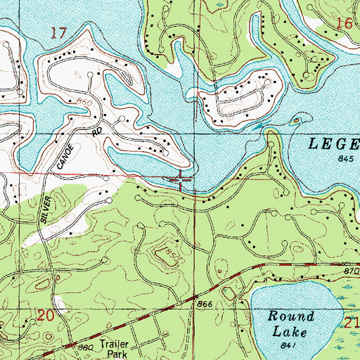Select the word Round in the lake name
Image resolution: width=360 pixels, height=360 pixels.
click(290, 316)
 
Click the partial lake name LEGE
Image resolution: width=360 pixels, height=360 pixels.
click(333, 145)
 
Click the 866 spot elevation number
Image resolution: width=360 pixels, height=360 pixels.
click(205, 302)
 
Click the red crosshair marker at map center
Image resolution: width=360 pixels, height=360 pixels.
click(181, 181)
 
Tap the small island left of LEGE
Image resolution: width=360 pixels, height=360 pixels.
click(292, 122)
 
